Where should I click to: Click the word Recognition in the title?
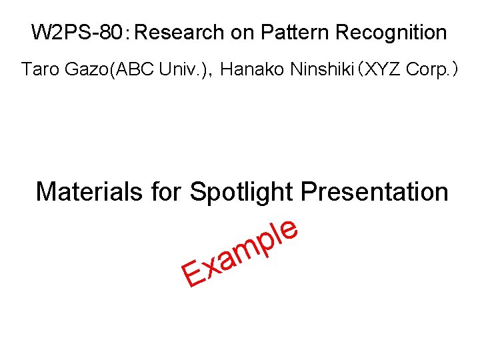coord(391,32)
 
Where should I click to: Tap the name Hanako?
coord(252,69)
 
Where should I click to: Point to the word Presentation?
coord(375,192)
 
